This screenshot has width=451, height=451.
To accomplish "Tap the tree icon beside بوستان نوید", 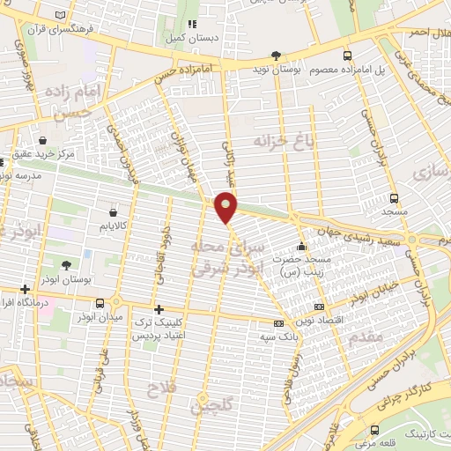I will [x=276, y=55].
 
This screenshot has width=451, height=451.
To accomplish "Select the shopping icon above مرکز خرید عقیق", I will [x=43, y=139].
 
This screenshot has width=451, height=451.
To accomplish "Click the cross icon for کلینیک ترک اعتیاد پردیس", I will [x=159, y=309].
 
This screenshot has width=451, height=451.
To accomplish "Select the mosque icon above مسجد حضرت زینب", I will [x=302, y=246].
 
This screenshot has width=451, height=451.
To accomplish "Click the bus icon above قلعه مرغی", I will [x=376, y=431].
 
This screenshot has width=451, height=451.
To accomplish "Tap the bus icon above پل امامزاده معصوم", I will [x=346, y=55].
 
